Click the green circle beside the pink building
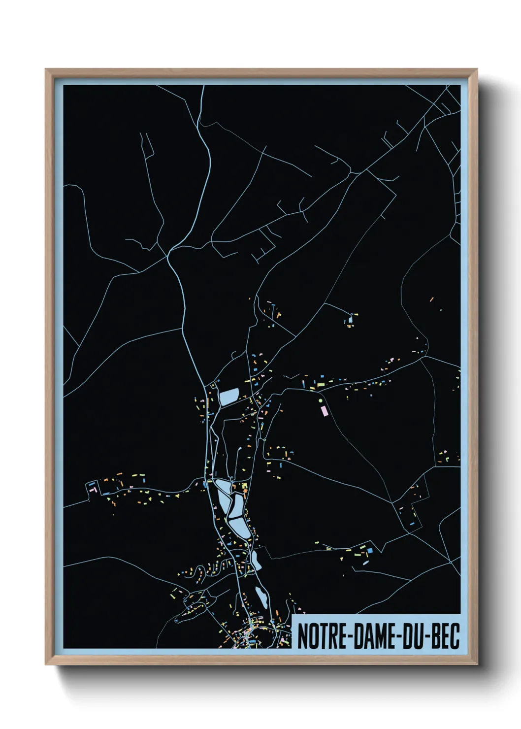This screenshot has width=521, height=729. point(321,401)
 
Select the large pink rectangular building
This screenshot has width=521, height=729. point(324,410)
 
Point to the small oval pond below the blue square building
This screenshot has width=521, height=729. point(366,562)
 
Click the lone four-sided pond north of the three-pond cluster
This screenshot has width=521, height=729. point(229,396)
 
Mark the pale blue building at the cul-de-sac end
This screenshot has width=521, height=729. point(351,320)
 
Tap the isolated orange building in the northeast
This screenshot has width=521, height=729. point(432,298)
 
